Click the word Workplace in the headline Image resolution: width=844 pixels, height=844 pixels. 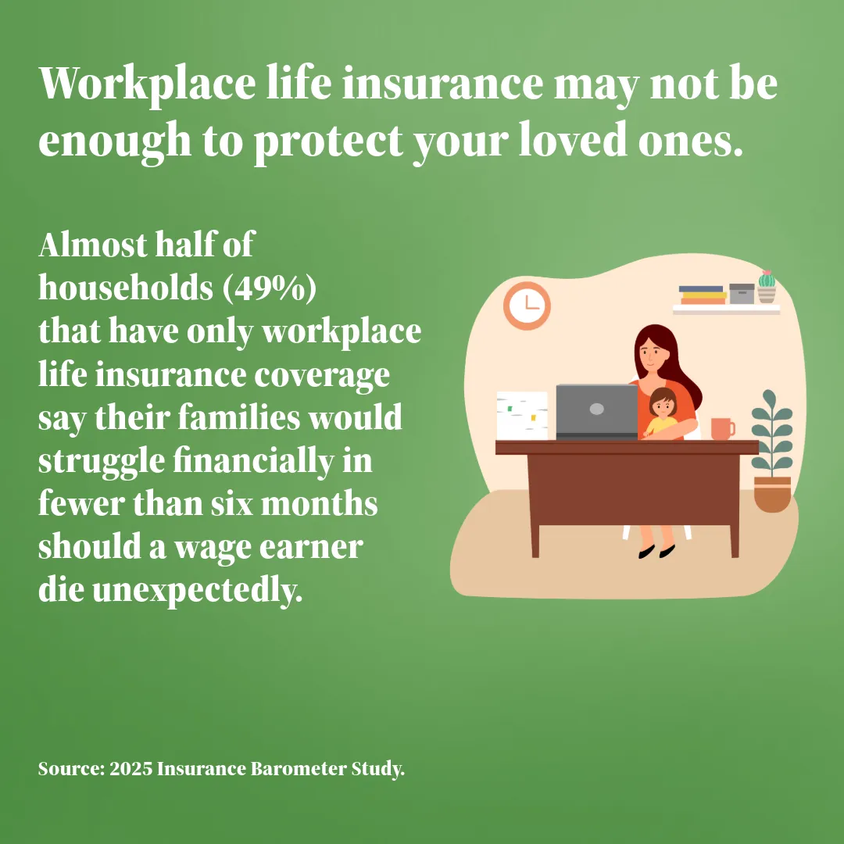pyautogui.click(x=147, y=85)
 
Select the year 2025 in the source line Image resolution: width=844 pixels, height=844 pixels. pyautogui.click(x=131, y=768)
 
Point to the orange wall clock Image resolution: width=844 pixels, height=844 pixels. pyautogui.click(x=527, y=306)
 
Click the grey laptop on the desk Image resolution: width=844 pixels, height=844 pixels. pyautogui.click(x=596, y=412)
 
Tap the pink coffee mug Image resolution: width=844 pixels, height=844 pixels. pyautogui.click(x=722, y=429)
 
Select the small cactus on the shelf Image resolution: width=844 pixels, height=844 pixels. pyautogui.click(x=767, y=286)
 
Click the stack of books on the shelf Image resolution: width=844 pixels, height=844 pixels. pyautogui.click(x=703, y=295)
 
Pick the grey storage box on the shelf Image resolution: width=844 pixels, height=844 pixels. pyautogui.click(x=742, y=293)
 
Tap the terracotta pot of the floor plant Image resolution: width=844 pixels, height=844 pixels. pyautogui.click(x=772, y=494)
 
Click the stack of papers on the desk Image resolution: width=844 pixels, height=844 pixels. pyautogui.click(x=522, y=416)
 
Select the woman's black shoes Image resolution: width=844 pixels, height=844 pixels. pyautogui.click(x=656, y=551)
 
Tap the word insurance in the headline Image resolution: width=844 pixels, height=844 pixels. pyautogui.click(x=442, y=84)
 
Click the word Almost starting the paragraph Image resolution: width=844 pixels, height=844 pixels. pyautogui.click(x=92, y=245)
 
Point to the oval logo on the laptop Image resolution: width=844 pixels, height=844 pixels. pyautogui.click(x=596, y=409)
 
